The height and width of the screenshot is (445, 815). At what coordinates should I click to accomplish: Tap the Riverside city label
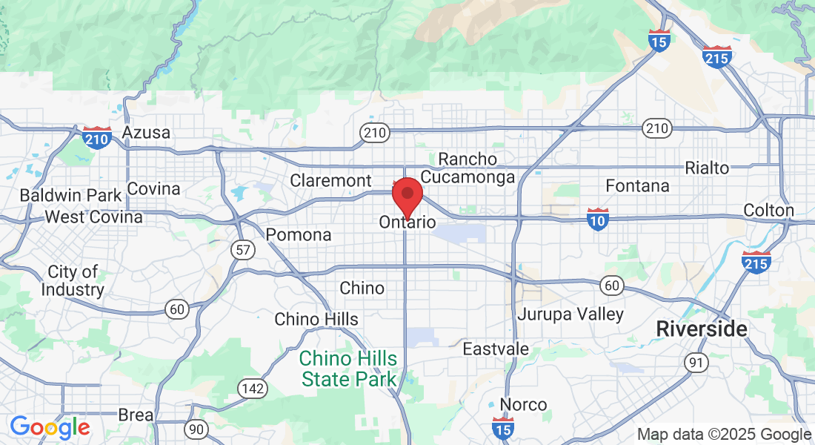tap(702, 329)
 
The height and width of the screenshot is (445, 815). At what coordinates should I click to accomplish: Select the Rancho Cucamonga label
tap(468, 168)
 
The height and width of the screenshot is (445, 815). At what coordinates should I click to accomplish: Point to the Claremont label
tap(330, 180)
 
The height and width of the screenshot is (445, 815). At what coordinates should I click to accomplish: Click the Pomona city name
tap(299, 234)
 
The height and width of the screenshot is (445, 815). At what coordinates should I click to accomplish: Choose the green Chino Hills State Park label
tap(347, 369)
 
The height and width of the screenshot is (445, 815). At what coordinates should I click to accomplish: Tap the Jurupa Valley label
tap(570, 314)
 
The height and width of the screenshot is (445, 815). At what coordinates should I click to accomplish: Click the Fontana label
tap(637, 185)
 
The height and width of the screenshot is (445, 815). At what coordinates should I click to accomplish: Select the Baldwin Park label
tap(70, 196)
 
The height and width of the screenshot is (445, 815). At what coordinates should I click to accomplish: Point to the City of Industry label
tap(72, 280)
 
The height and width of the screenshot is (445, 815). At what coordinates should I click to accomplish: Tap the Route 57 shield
tap(243, 250)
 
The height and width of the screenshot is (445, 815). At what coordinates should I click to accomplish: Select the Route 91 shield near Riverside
tap(696, 362)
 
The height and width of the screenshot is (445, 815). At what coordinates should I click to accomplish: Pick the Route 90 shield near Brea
tap(196, 429)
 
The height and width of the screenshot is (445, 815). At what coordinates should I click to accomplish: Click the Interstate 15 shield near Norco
tap(503, 427)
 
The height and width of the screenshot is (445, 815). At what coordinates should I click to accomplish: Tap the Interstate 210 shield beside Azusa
tap(97, 137)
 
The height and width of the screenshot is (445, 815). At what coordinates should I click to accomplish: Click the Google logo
tap(50, 427)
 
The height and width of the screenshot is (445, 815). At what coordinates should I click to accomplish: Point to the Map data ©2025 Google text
tap(724, 435)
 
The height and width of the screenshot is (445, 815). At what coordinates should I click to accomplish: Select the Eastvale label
tap(496, 349)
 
